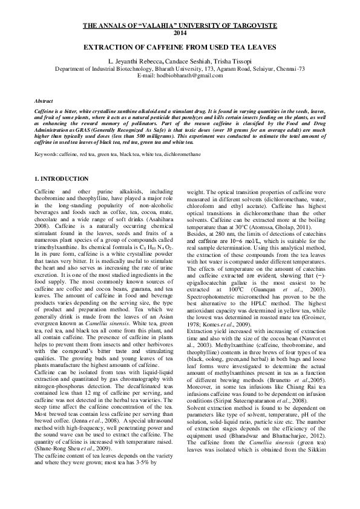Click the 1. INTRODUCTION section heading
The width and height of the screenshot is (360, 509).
click(x=63, y=179)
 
